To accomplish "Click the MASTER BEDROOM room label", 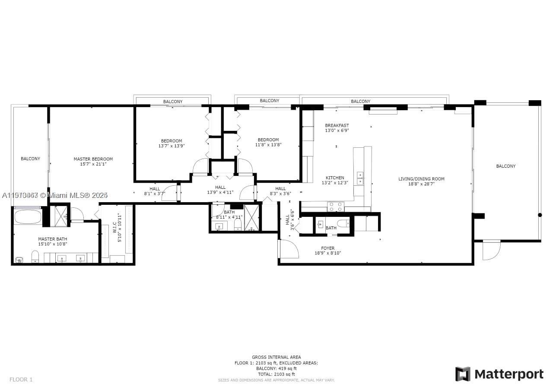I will click(93, 159).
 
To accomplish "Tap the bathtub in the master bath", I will click(28, 216).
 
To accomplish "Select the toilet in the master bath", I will click(35, 257).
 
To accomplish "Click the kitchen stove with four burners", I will click(335, 207).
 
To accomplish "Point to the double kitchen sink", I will click(359, 178).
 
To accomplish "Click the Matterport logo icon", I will click(463, 374).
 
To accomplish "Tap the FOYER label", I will click(327, 248).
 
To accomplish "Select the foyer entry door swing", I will click(289, 249).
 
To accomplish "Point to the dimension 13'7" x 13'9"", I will click(172, 146).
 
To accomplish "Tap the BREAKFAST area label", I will click(337, 126).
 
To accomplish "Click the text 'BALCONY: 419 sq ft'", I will click(276, 369).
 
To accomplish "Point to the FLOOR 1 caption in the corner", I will click(21, 380).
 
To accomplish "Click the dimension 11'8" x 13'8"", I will click(268, 145).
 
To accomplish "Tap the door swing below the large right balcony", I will click(491, 251).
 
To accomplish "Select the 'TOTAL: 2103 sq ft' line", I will click(276, 374).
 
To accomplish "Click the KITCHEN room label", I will click(335, 178).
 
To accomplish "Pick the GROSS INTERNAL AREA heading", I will click(276, 357).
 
